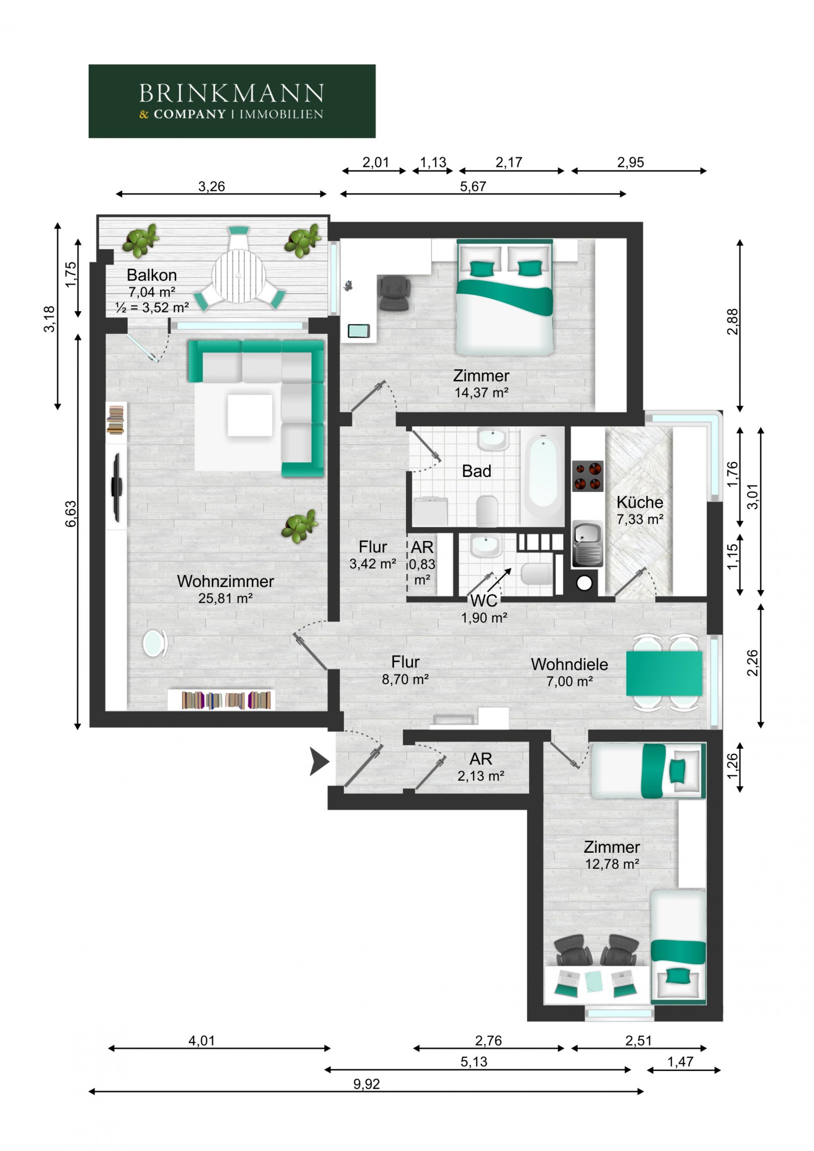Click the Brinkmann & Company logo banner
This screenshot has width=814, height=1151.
pos(232,101)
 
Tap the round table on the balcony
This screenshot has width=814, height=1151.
pos(239,275)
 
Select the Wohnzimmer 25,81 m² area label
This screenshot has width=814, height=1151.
pos(225,589)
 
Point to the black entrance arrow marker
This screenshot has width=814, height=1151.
pos(318,761)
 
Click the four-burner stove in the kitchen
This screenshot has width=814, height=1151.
pos(587,476)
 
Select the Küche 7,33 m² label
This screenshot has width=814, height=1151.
pos(639,510)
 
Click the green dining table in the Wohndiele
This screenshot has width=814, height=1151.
pos(664,673)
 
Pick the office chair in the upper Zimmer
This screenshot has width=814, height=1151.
pos(394,292)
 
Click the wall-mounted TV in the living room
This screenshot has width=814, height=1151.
pos(116,487)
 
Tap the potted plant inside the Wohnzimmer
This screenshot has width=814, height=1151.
pos(300,526)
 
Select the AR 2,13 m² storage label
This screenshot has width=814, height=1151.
pos(481,767)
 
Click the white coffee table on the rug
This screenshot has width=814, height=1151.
pos(250,415)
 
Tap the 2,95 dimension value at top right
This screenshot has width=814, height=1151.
pos(630,162)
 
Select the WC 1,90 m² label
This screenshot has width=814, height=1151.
pos(484,609)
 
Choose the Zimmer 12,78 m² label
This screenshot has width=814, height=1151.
pos(611,855)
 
